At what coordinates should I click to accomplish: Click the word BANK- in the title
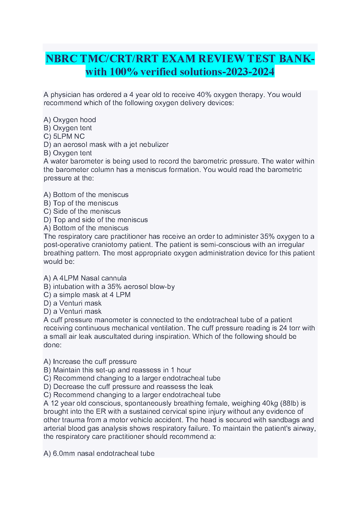[x=296, y=58]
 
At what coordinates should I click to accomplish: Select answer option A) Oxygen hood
[x=70, y=120]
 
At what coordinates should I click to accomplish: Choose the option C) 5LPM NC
[x=64, y=136]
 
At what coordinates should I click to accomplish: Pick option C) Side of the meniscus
[x=82, y=211]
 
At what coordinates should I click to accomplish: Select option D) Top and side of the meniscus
[x=96, y=220]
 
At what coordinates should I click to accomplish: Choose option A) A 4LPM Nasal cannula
[x=85, y=278]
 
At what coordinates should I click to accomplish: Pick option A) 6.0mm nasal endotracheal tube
[x=99, y=453]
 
